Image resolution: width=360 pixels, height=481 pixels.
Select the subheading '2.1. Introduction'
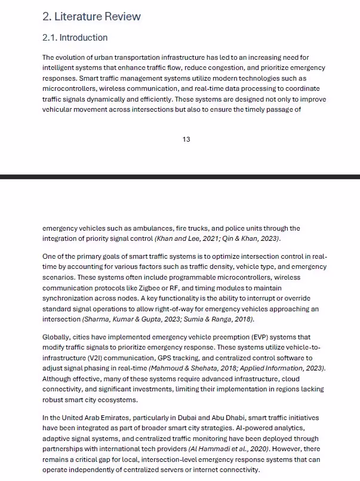(x=75, y=38)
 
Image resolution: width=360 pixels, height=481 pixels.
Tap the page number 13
(x=186, y=139)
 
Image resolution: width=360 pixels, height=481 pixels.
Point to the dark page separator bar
(x=180, y=177)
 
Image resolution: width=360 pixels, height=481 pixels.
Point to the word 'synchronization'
(x=70, y=298)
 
